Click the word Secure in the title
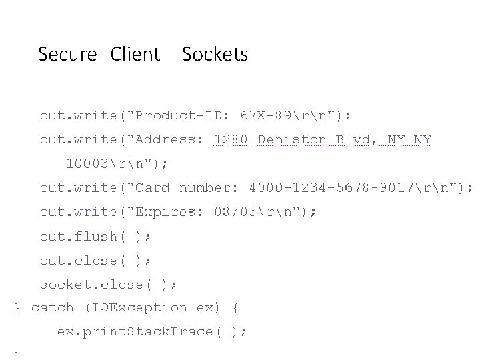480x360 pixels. click(67, 55)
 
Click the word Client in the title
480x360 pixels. click(135, 55)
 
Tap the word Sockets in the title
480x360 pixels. click(215, 55)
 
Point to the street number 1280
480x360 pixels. click(231, 140)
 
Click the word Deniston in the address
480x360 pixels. click(292, 140)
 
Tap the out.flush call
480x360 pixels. click(95, 236)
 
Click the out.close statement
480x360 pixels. click(95, 260)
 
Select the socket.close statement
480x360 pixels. click(108, 285)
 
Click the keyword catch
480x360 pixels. click(53, 307)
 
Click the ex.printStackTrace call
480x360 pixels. click(152, 331)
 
